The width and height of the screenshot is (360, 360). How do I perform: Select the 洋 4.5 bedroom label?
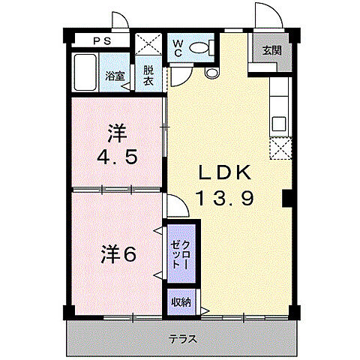pyautogui.click(x=115, y=147)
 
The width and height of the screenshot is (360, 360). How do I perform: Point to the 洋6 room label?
pyautogui.click(x=118, y=254)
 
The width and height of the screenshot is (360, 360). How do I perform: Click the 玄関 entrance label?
pyautogui.click(x=271, y=50)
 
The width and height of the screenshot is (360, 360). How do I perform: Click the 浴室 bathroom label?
pyautogui.click(x=115, y=76)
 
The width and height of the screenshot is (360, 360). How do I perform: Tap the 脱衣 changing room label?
pyautogui.click(x=148, y=76)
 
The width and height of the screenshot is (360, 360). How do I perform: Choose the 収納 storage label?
pyautogui.click(x=180, y=302)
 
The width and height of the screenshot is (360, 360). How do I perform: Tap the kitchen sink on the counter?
pyautogui.click(x=278, y=123)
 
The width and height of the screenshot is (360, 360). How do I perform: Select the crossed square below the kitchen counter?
pyautogui.click(x=279, y=150)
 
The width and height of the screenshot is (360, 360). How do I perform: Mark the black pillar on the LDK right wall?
pyautogui.click(x=286, y=199)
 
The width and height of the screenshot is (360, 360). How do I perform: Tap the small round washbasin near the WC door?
pyautogui.click(x=209, y=73)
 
